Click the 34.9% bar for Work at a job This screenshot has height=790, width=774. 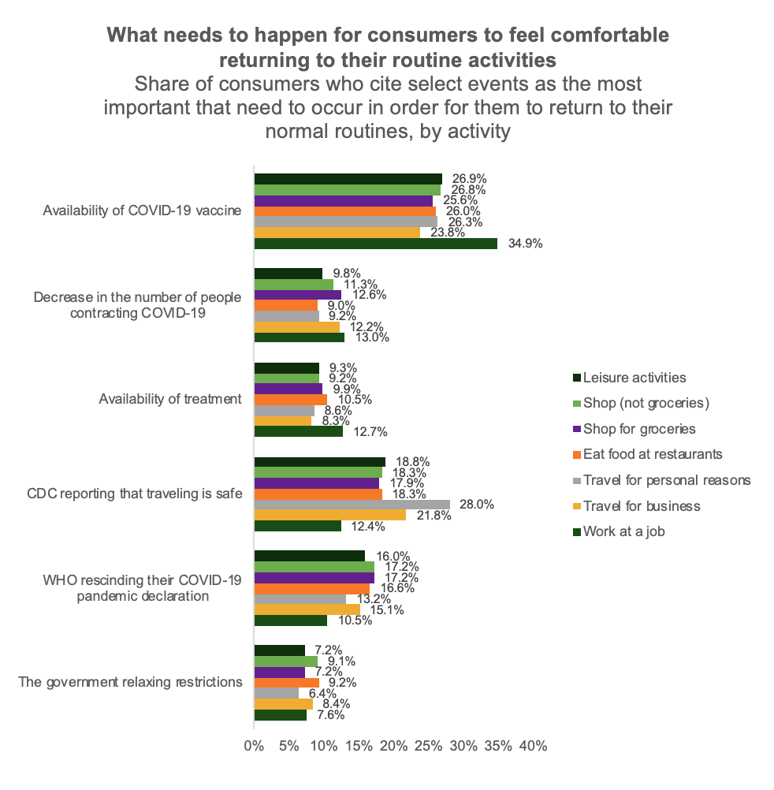pos(375,244)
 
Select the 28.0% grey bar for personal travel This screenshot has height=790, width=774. pos(352,505)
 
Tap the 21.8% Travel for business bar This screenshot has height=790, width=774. pos(329,515)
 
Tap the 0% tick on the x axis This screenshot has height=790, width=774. pos(254,745)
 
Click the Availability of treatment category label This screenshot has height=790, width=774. pos(170,399)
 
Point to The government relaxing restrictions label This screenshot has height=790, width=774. pos(130,682)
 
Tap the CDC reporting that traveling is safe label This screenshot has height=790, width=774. pos(135,494)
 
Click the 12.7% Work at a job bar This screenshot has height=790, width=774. pos(298,431)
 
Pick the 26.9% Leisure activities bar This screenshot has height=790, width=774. pos(348,179)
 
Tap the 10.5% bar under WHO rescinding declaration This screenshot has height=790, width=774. pos(290,620)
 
